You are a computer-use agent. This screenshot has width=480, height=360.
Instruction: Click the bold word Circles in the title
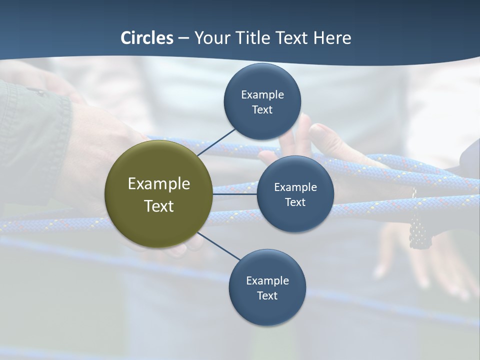[147, 38]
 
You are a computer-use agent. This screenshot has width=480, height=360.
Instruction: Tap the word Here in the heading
[332, 38]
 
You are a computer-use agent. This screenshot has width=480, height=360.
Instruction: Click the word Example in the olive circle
[158, 184]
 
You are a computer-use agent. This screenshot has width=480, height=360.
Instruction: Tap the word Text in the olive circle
[158, 206]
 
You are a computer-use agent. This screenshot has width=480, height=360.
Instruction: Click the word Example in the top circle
[262, 94]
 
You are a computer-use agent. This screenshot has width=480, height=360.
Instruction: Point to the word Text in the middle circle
[295, 202]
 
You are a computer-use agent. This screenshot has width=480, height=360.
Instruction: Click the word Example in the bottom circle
[267, 280]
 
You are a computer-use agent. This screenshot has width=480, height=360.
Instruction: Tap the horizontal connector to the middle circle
[235, 193]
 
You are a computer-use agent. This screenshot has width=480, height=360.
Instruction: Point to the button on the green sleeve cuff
[36, 91]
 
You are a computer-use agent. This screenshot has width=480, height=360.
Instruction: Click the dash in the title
[183, 38]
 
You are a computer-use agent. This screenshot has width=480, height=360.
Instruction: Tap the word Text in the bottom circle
[267, 295]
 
